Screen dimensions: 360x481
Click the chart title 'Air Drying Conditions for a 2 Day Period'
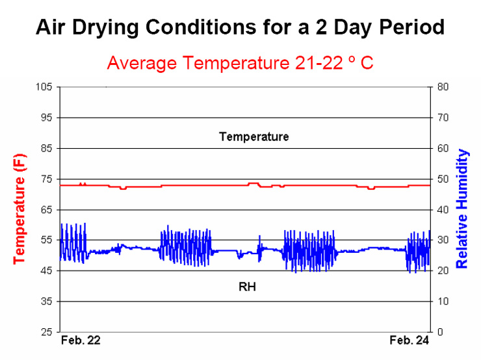click(240, 27)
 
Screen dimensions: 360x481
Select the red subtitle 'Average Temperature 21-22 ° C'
click(240, 63)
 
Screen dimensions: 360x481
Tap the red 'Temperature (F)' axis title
click(19, 208)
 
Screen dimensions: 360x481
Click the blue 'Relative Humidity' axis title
click(462, 209)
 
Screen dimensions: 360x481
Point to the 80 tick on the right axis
click(443, 87)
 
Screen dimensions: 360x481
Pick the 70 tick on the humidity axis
click(443, 118)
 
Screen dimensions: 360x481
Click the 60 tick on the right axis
click(443, 148)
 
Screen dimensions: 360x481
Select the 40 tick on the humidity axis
click(443, 210)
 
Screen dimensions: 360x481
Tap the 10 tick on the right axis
click(443, 302)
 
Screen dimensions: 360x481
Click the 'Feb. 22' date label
click(81, 341)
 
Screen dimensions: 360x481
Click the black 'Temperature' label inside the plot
click(253, 136)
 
